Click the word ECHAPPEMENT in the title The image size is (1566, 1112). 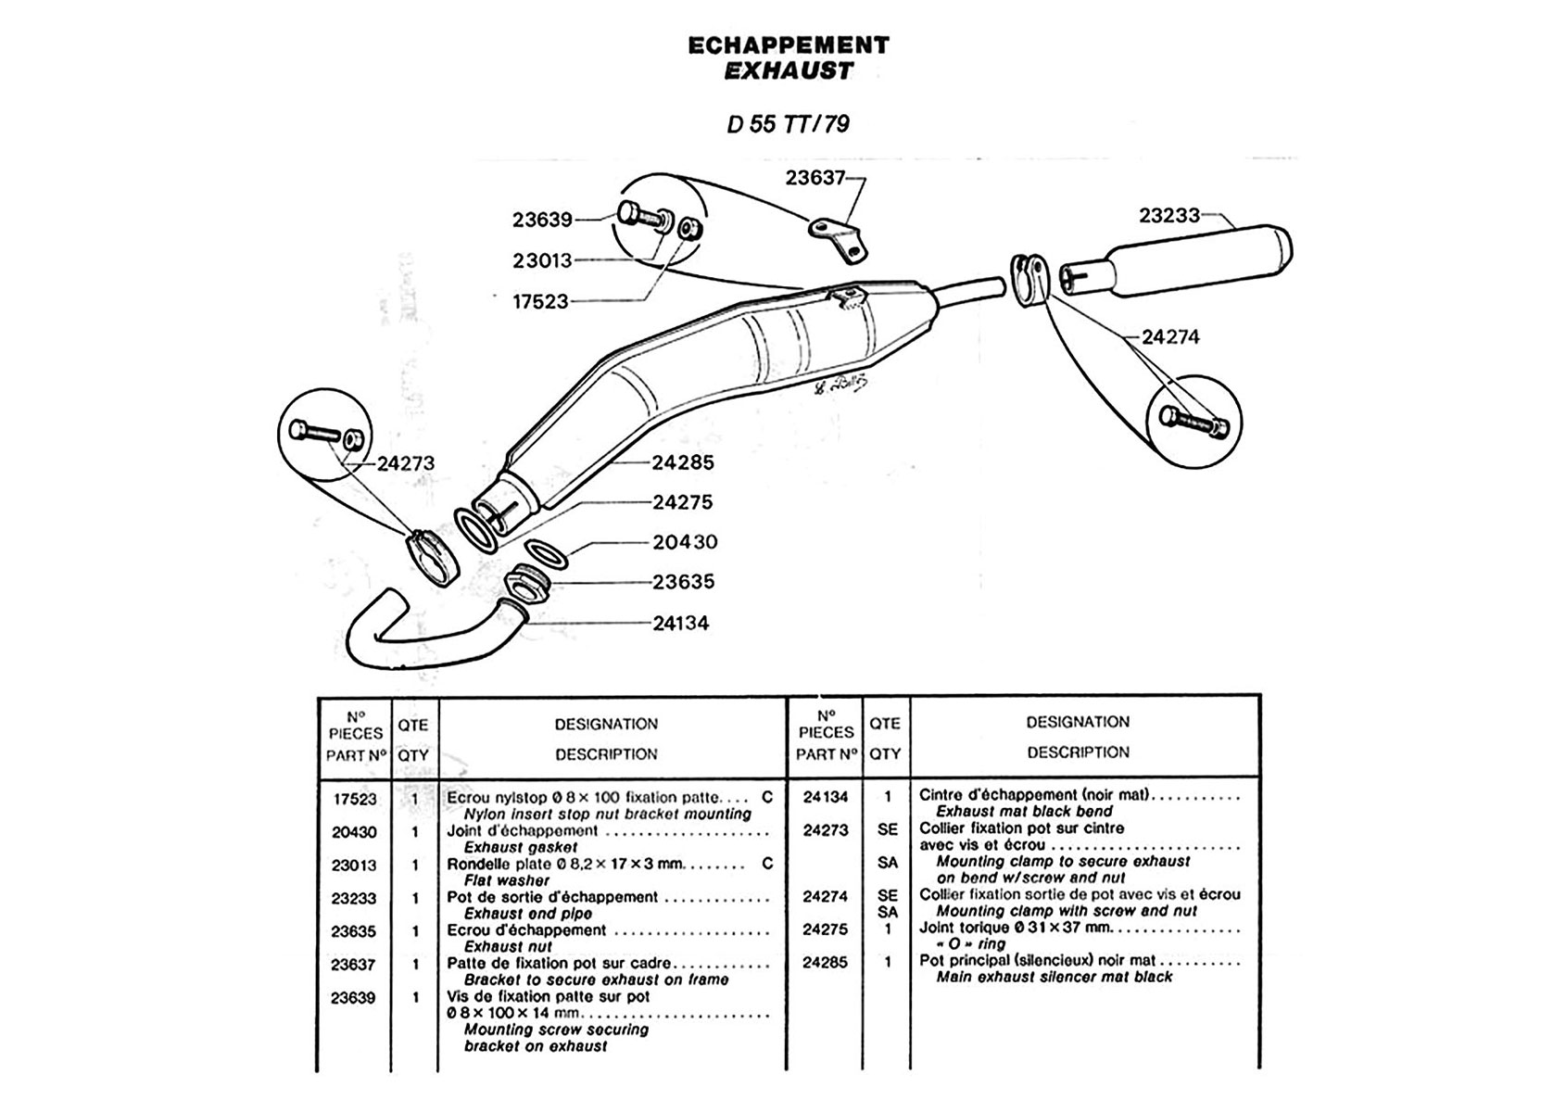pos(789,45)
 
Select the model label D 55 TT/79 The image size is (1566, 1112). pos(788,124)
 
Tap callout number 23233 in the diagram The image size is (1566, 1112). pos(1168,215)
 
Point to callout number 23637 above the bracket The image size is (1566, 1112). pos(815,178)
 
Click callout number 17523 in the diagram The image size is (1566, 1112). pos(540,302)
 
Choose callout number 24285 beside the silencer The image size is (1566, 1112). pos(683,462)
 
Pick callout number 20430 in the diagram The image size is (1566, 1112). pos(685,542)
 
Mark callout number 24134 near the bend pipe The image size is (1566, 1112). pos(681,624)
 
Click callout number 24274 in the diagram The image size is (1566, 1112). pos(1170,337)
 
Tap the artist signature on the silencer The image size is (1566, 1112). pos(841,385)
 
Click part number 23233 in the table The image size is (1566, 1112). pos(354,898)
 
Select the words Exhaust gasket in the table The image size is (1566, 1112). pos(521,848)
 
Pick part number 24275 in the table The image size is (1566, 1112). pos(825,929)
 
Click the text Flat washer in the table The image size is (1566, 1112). pos(507,880)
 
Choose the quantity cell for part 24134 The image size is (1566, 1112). pos(888,797)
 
